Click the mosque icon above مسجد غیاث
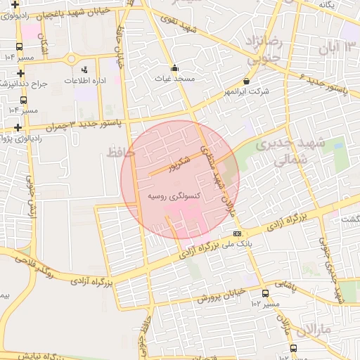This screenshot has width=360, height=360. click(174, 69)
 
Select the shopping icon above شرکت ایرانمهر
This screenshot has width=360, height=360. click(246, 82)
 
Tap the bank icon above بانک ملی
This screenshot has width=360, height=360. click(237, 233)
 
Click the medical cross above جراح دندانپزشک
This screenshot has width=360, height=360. click(21, 72)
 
